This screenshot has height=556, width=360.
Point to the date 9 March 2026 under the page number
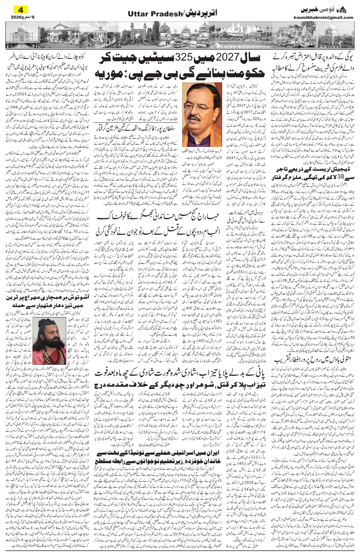coord(15,17)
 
